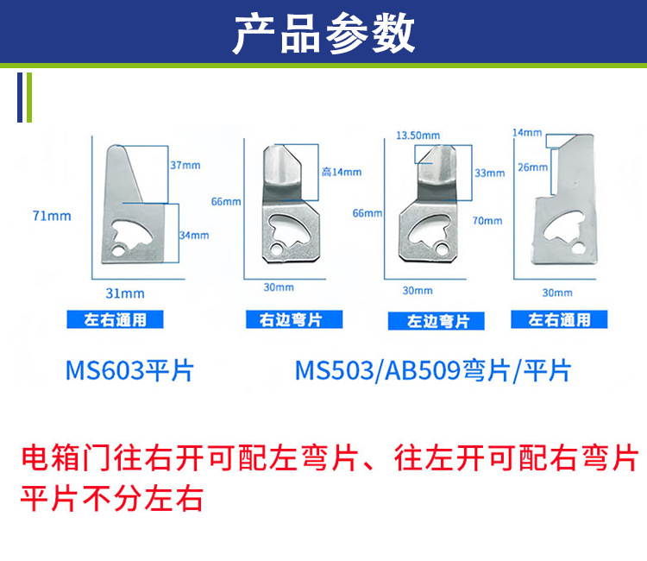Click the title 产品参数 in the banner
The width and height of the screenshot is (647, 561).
[x=323, y=34]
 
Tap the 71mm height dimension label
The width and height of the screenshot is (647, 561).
[x=52, y=216]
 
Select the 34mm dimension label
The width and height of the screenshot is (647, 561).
[x=194, y=235]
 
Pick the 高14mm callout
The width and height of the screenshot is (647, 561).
[x=341, y=172]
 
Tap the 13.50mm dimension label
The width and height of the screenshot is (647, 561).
[x=418, y=136]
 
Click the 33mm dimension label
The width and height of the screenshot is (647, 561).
[x=489, y=173]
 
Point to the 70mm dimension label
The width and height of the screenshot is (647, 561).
[x=487, y=221]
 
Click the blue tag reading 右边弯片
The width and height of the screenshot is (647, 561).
[x=291, y=320]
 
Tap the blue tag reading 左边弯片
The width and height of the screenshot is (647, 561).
[x=438, y=321]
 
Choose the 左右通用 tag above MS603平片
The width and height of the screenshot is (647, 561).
[x=116, y=320]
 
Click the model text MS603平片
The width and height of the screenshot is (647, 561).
[x=130, y=371]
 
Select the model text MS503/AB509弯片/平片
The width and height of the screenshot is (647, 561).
[x=433, y=371]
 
